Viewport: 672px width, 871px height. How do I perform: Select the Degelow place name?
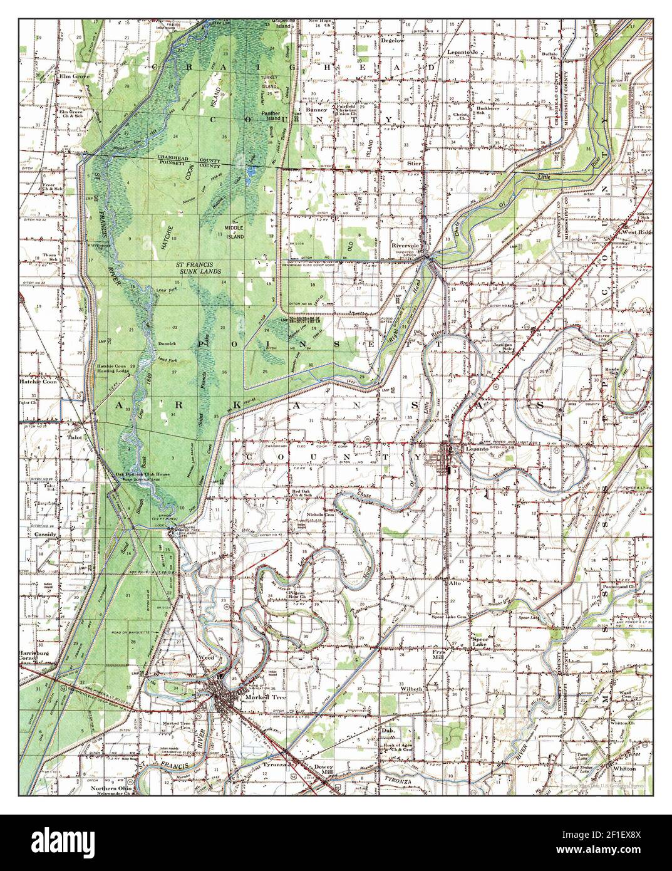393,41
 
